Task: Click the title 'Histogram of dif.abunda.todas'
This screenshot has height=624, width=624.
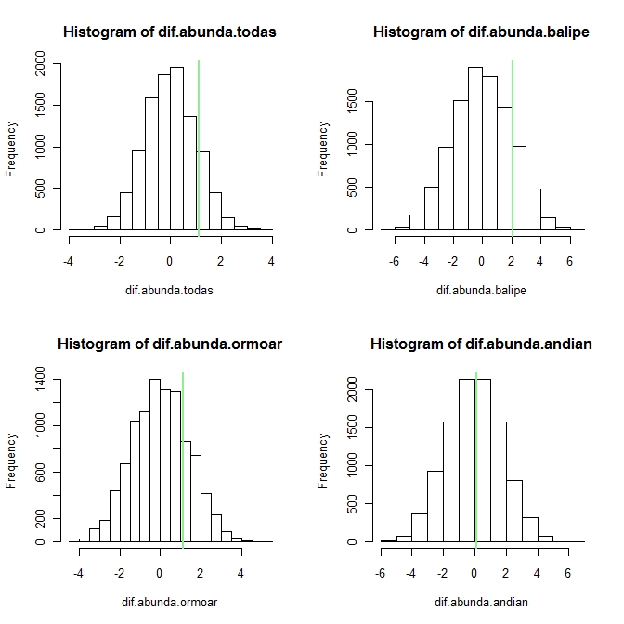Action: (x=169, y=32)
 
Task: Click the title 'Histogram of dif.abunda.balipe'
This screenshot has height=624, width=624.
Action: (x=481, y=32)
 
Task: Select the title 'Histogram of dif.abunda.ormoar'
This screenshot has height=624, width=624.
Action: (x=169, y=344)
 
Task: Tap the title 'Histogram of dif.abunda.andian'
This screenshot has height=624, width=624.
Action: (x=481, y=344)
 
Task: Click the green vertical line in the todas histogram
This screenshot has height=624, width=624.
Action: (x=199, y=139)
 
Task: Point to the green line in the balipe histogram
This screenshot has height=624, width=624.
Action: (x=513, y=139)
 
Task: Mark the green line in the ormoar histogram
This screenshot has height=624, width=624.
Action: (x=183, y=455)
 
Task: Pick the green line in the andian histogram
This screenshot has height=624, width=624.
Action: (x=476, y=455)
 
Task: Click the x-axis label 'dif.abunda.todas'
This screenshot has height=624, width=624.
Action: (x=169, y=290)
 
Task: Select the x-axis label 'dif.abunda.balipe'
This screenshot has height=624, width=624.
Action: (x=481, y=290)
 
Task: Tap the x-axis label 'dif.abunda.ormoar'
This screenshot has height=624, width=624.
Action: (x=169, y=602)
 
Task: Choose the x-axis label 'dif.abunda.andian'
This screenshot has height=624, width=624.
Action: (x=481, y=602)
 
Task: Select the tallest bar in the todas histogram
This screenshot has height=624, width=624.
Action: (x=176, y=149)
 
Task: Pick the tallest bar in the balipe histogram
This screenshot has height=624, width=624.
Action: (x=474, y=149)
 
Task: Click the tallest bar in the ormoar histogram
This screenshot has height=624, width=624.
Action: (x=155, y=460)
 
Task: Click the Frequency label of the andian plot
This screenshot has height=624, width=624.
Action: (x=323, y=461)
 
